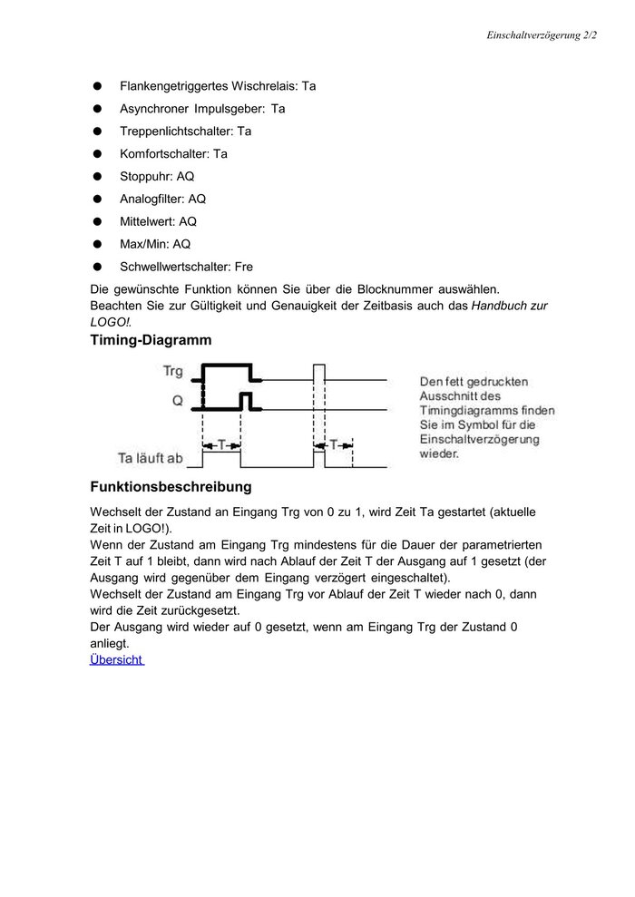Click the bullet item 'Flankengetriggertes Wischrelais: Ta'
218,86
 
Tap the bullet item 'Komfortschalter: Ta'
173,154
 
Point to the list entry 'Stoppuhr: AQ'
156,177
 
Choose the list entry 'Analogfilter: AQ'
162,200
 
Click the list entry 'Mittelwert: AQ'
158,221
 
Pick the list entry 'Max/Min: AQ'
155,244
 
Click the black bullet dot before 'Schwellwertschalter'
96,267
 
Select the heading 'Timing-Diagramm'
151,341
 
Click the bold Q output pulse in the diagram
245,399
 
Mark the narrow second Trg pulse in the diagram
318,372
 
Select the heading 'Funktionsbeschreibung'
171,487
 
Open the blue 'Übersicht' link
116,659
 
